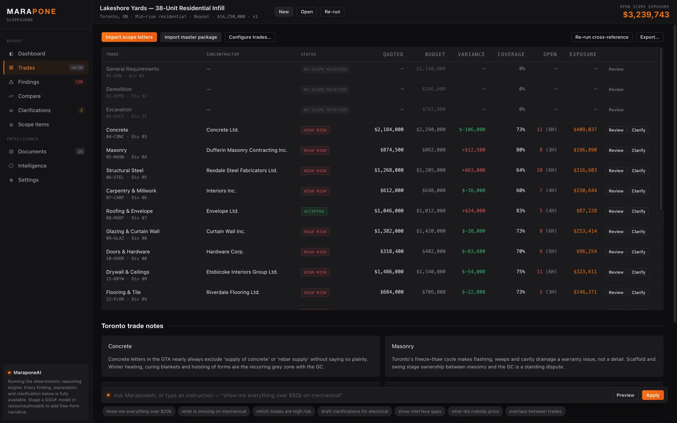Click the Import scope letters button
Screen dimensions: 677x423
(129, 37)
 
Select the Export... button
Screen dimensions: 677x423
(649, 37)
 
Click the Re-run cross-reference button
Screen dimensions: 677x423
(602, 37)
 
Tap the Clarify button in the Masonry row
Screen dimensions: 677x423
(638, 151)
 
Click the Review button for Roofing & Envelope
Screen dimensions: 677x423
(616, 211)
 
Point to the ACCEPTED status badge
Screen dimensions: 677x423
(314, 211)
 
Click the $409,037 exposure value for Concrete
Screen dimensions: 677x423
(585, 130)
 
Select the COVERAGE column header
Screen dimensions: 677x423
(511, 54)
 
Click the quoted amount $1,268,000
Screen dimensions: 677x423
(389, 170)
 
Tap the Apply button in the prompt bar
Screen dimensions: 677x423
(653, 395)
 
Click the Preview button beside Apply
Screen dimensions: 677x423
(625, 395)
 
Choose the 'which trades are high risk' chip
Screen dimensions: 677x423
(283, 411)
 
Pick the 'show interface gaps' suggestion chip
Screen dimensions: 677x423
(420, 411)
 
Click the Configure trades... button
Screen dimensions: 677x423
(250, 37)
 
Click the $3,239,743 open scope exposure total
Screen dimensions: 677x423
(646, 15)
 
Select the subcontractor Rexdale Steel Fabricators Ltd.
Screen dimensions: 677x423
(242, 171)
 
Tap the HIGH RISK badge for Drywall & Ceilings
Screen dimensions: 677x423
(315, 272)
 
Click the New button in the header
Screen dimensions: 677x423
(284, 12)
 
